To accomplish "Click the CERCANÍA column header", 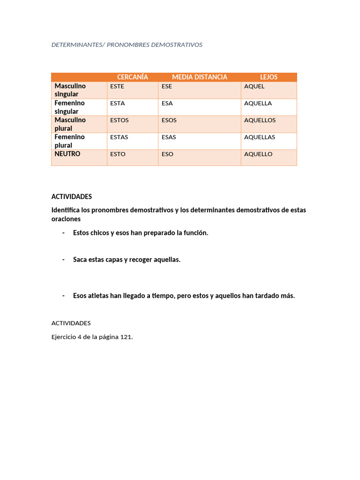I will point(132,77).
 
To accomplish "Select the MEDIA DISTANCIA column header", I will point(199,77).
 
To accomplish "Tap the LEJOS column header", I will point(269,77).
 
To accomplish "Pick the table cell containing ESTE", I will point(117,86).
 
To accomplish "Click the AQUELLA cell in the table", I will point(258,103).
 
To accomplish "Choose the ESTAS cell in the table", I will point(119,137).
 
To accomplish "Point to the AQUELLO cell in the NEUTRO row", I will point(258,154).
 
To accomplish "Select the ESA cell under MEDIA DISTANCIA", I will point(167,103).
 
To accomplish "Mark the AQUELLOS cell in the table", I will point(260,120).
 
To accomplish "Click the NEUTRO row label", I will point(67,154).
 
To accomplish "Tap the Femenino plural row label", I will point(69,141).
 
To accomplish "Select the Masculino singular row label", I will point(70,90).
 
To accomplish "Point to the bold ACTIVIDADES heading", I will point(72,196).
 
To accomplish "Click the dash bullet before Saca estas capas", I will point(63,260).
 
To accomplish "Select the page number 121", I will point(126,337).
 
